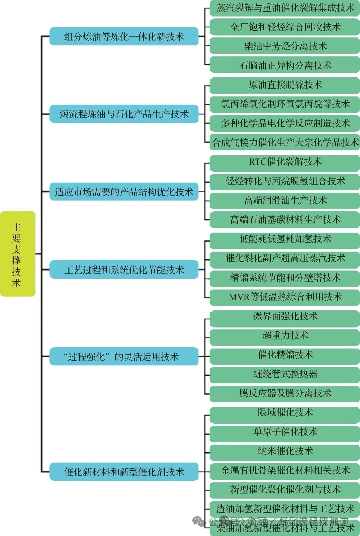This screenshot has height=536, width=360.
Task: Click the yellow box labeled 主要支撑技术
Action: (x=17, y=254)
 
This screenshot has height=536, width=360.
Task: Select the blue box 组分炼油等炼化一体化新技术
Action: (x=124, y=36)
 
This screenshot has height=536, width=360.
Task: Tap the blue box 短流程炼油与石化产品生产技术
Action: (x=124, y=114)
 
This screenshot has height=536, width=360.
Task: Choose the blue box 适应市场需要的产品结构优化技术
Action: (x=124, y=192)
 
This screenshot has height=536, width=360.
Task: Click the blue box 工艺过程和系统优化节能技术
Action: (x=124, y=270)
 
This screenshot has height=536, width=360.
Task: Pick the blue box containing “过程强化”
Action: (x=124, y=356)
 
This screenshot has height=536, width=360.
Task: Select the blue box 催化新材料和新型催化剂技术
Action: (x=124, y=472)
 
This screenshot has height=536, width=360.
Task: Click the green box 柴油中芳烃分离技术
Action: (x=285, y=46)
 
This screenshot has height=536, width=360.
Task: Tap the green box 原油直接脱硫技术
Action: (x=285, y=85)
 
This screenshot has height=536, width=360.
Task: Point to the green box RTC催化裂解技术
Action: (x=285, y=162)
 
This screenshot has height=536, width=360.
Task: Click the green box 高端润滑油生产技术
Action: (x=285, y=200)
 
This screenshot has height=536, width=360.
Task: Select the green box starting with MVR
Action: (x=285, y=297)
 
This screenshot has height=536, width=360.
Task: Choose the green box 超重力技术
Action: (x=285, y=335)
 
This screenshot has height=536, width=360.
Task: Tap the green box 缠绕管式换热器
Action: (x=285, y=374)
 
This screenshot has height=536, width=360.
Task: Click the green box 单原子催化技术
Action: (x=285, y=432)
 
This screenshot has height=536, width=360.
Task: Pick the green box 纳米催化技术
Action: (x=285, y=451)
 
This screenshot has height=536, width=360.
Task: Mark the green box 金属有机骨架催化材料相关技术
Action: (x=285, y=470)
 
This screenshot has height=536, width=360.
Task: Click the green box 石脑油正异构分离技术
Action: (x=285, y=65)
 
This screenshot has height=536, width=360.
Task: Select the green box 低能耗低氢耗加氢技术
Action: (x=285, y=239)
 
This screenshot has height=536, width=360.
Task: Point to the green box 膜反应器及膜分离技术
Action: (x=285, y=393)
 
